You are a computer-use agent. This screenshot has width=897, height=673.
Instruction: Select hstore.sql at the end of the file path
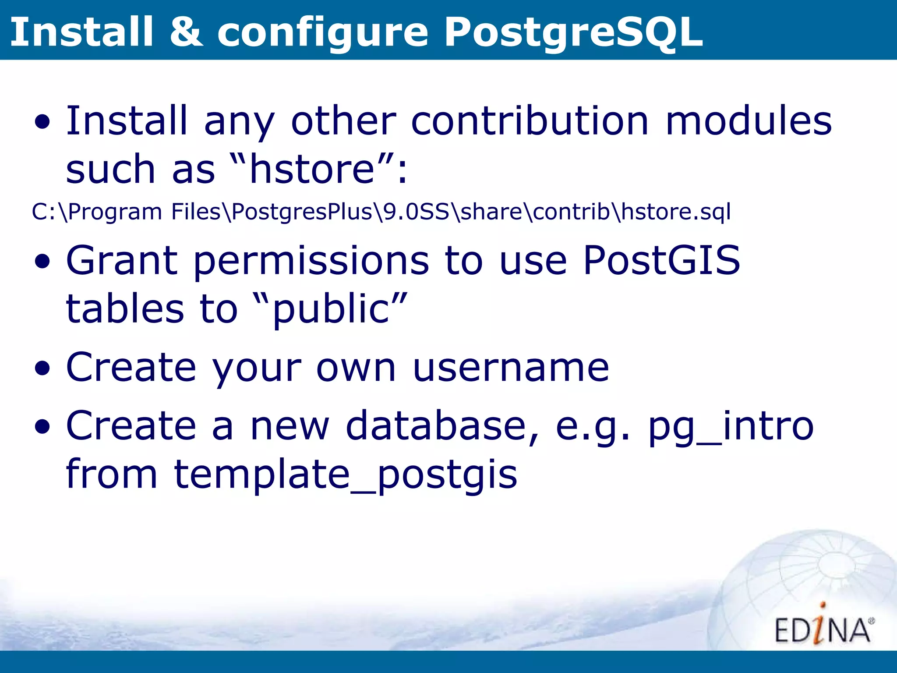pos(676,212)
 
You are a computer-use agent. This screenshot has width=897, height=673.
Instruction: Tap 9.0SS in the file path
pos(416,212)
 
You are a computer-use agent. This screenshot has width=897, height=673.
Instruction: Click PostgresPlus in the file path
pos(301,212)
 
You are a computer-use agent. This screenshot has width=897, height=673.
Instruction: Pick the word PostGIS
pos(661,261)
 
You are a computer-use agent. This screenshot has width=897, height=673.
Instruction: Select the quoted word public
pos(330,309)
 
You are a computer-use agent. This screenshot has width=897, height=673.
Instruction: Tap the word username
pos(511,367)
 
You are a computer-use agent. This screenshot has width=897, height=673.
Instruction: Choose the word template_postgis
pos(345,475)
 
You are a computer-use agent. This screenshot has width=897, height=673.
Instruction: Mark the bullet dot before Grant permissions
pos(42,262)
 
